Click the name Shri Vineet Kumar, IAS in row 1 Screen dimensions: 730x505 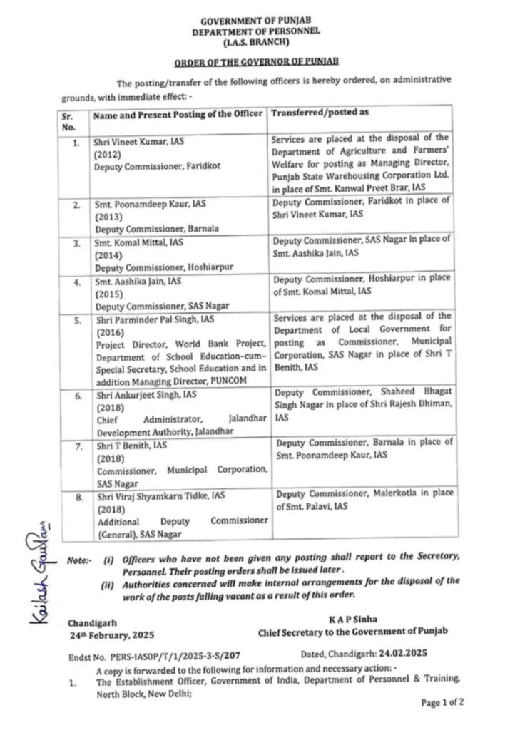(x=139, y=142)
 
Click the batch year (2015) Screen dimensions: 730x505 (x=108, y=293)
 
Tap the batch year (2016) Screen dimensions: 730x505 (x=108, y=332)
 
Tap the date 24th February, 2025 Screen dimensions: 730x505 (x=111, y=634)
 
